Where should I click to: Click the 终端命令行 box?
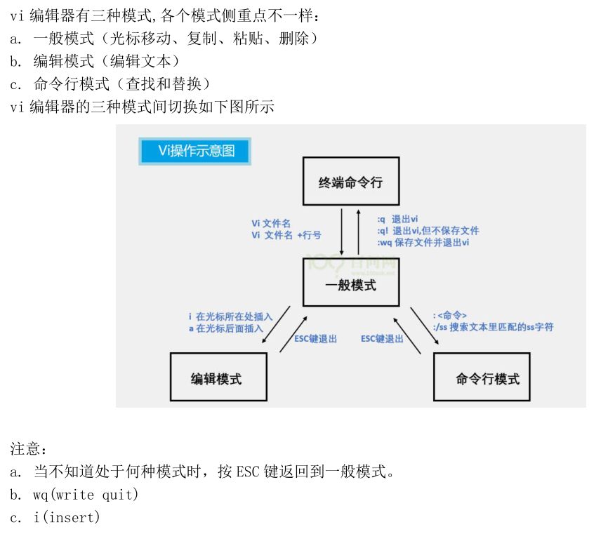pyautogui.click(x=350, y=182)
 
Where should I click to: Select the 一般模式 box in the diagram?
pyautogui.click(x=350, y=285)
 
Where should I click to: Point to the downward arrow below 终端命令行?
pyautogui.click(x=341, y=232)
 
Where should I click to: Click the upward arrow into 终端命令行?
pyautogui.click(x=358, y=232)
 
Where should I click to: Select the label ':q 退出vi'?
pyautogui.click(x=397, y=220)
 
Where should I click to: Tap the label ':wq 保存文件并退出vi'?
pyautogui.click(x=423, y=242)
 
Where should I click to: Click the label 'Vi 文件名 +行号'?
pyautogui.click(x=286, y=236)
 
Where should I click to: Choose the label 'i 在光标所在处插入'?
pyautogui.click(x=230, y=317)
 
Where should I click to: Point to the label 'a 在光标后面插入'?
pyautogui.click(x=226, y=328)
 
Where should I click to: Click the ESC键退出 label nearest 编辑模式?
pyautogui.click(x=315, y=339)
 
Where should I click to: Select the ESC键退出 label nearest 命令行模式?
pyautogui.click(x=382, y=339)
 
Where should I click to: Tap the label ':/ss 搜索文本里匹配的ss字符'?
pyautogui.click(x=493, y=327)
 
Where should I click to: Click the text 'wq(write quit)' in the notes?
pyautogui.click(x=86, y=495)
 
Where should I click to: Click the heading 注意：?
pyautogui.click(x=28, y=448)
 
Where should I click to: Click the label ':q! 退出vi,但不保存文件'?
pyautogui.click(x=428, y=231)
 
